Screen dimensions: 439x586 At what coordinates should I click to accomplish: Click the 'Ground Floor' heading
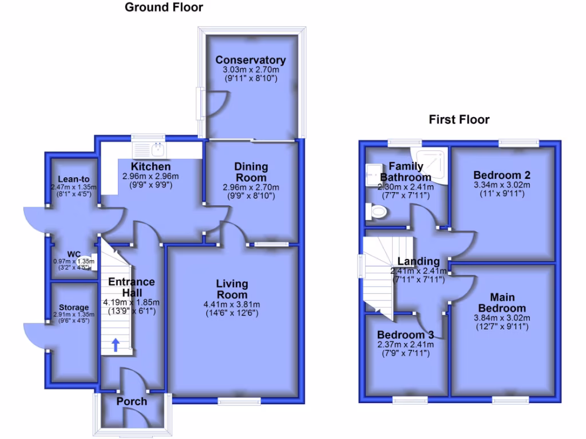(164, 7)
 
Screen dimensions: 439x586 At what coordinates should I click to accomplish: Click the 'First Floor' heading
(460, 119)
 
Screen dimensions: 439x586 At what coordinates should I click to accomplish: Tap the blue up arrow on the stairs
(115, 344)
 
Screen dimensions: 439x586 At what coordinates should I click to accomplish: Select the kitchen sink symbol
(149, 150)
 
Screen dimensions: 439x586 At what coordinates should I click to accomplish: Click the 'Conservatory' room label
(251, 60)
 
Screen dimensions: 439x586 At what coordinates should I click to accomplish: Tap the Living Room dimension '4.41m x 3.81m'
(232, 304)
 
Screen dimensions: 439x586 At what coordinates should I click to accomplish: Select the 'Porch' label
(132, 401)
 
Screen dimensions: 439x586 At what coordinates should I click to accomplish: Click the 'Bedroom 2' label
(502, 175)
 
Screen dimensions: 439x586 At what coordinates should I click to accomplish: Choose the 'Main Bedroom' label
(502, 303)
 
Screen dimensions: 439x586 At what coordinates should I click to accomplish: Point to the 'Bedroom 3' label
(405, 335)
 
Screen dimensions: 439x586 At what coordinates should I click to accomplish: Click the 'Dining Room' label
(251, 172)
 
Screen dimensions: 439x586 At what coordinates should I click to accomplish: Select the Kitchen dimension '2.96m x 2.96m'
(151, 176)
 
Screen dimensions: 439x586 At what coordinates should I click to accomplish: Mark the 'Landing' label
(418, 261)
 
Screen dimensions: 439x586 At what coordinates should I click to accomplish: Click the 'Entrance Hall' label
(132, 287)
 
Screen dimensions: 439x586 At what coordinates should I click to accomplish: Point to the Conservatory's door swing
(216, 104)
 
